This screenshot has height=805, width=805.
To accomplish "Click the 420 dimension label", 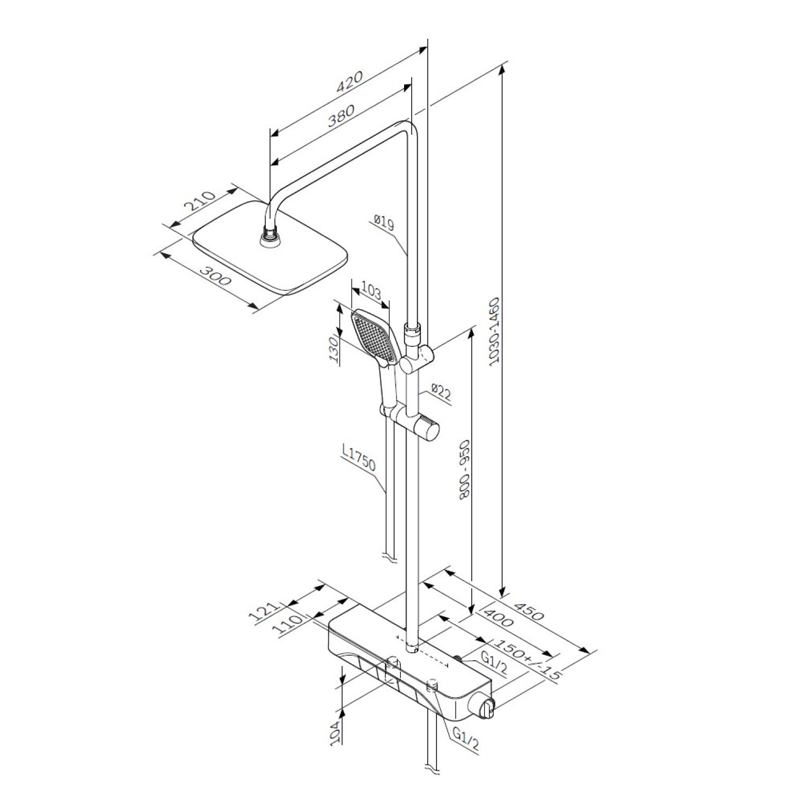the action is coord(349,82).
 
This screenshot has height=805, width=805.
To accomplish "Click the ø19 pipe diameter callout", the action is coord(384,222).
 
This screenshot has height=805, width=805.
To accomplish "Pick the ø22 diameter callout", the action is coord(441,393).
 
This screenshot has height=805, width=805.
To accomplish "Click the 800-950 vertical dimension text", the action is coord(465,470).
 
